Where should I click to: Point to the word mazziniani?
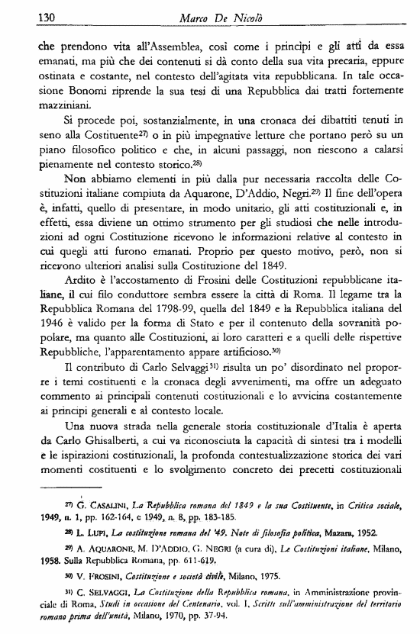[x=53, y=106]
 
